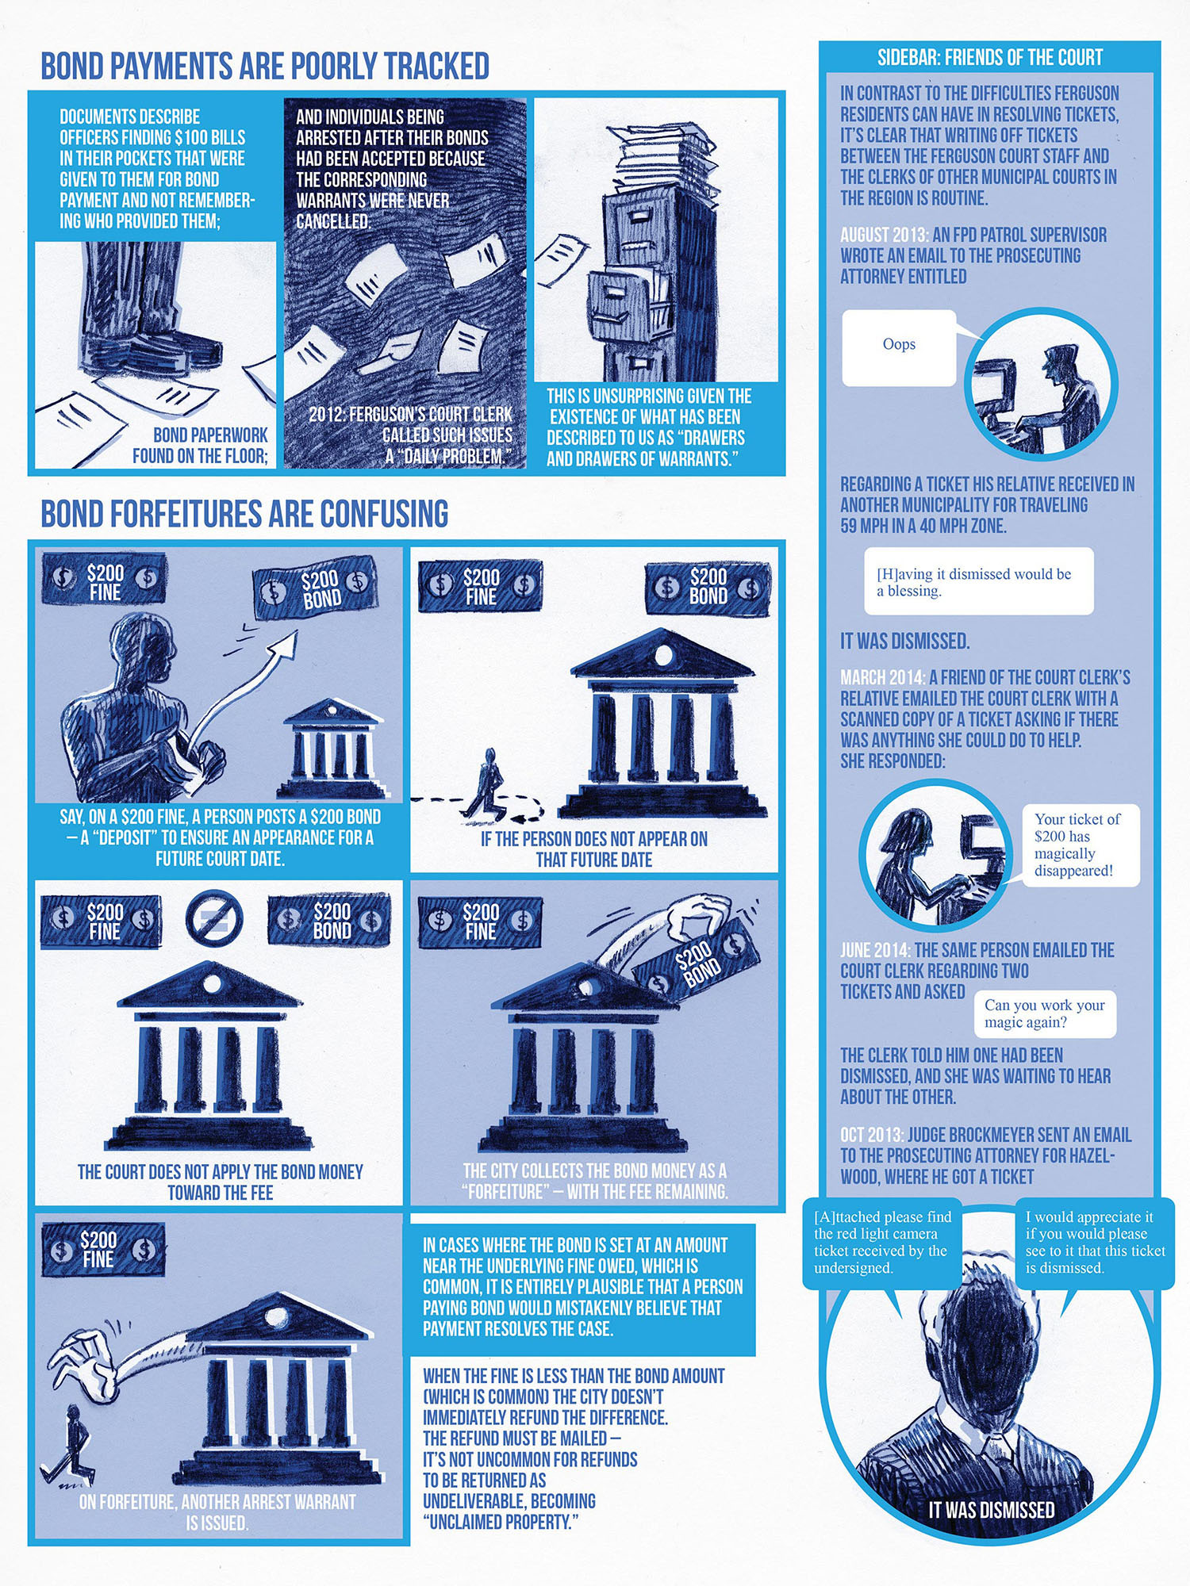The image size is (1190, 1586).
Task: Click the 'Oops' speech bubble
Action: point(899,347)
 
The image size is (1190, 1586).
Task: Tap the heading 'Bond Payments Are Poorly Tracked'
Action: point(265,67)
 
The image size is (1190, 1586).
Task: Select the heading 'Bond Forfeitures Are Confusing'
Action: point(244,514)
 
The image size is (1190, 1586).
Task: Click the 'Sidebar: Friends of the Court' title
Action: point(989,57)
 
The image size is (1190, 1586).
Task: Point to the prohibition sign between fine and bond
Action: point(213,918)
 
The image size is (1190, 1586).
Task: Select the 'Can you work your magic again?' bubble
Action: point(1045,1013)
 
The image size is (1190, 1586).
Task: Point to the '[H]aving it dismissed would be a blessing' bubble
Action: point(979,581)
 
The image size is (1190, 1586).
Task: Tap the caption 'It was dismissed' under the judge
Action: point(992,1509)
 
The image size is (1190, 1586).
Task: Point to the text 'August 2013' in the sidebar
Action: point(884,235)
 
